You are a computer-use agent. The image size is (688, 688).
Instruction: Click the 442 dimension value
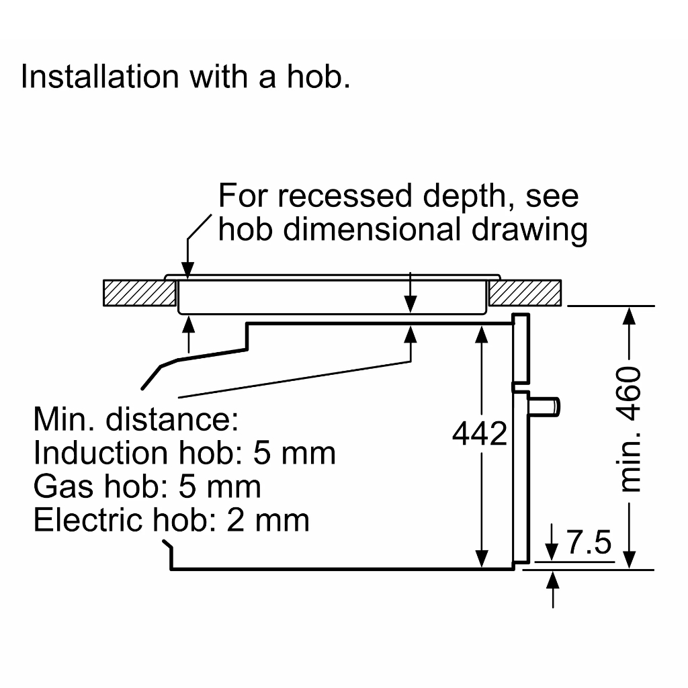tap(479, 434)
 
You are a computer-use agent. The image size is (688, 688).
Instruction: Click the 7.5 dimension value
tap(589, 542)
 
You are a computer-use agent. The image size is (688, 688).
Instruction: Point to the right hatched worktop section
tap(525, 292)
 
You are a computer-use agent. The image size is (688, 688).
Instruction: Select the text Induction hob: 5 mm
tap(184, 453)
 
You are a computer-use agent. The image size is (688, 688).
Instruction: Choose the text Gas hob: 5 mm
tap(147, 486)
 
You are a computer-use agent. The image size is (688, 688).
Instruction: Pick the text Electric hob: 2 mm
tap(171, 519)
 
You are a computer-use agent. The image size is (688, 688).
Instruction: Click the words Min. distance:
tap(136, 420)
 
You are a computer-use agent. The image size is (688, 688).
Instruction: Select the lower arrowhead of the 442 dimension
tap(482, 559)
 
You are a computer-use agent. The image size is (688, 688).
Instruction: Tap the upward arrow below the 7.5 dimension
tap(553, 578)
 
